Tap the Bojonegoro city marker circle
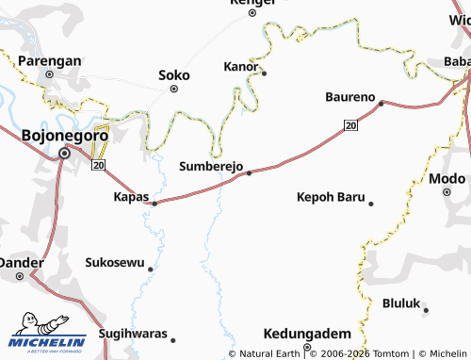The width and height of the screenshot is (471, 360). (65, 153)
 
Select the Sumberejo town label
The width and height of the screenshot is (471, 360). (211, 166)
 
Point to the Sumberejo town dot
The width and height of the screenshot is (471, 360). (249, 172)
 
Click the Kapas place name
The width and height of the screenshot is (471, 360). (131, 196)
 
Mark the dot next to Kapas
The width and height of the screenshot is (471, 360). (154, 202)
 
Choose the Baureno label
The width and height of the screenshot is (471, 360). (349, 97)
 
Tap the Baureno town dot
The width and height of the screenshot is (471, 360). (381, 104)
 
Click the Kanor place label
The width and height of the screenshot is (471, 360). (239, 67)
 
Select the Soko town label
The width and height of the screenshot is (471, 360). (174, 74)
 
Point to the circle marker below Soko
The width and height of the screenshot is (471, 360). (174, 89)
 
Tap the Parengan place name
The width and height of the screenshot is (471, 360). (50, 60)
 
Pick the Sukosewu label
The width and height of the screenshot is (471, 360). (115, 262)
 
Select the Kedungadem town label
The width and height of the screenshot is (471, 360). (308, 334)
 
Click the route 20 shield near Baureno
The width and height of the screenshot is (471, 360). (350, 124)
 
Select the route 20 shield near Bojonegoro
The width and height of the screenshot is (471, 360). (97, 166)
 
